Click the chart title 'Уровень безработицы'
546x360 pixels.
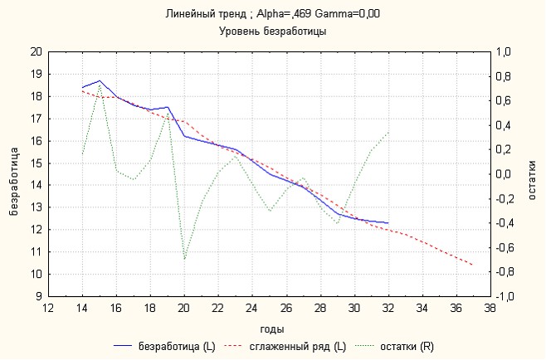pos(272,32)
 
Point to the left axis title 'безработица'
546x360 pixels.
pos(14,173)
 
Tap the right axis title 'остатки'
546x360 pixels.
pos(532,173)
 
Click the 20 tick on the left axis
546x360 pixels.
pos(36,51)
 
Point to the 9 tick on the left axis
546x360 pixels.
pos(38,296)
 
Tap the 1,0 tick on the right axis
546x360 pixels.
pos(505,51)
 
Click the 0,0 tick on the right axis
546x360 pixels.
pos(505,174)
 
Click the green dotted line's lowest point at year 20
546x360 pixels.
pos(184,260)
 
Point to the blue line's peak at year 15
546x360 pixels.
pos(100,80)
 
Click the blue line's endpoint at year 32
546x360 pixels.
pos(388,223)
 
